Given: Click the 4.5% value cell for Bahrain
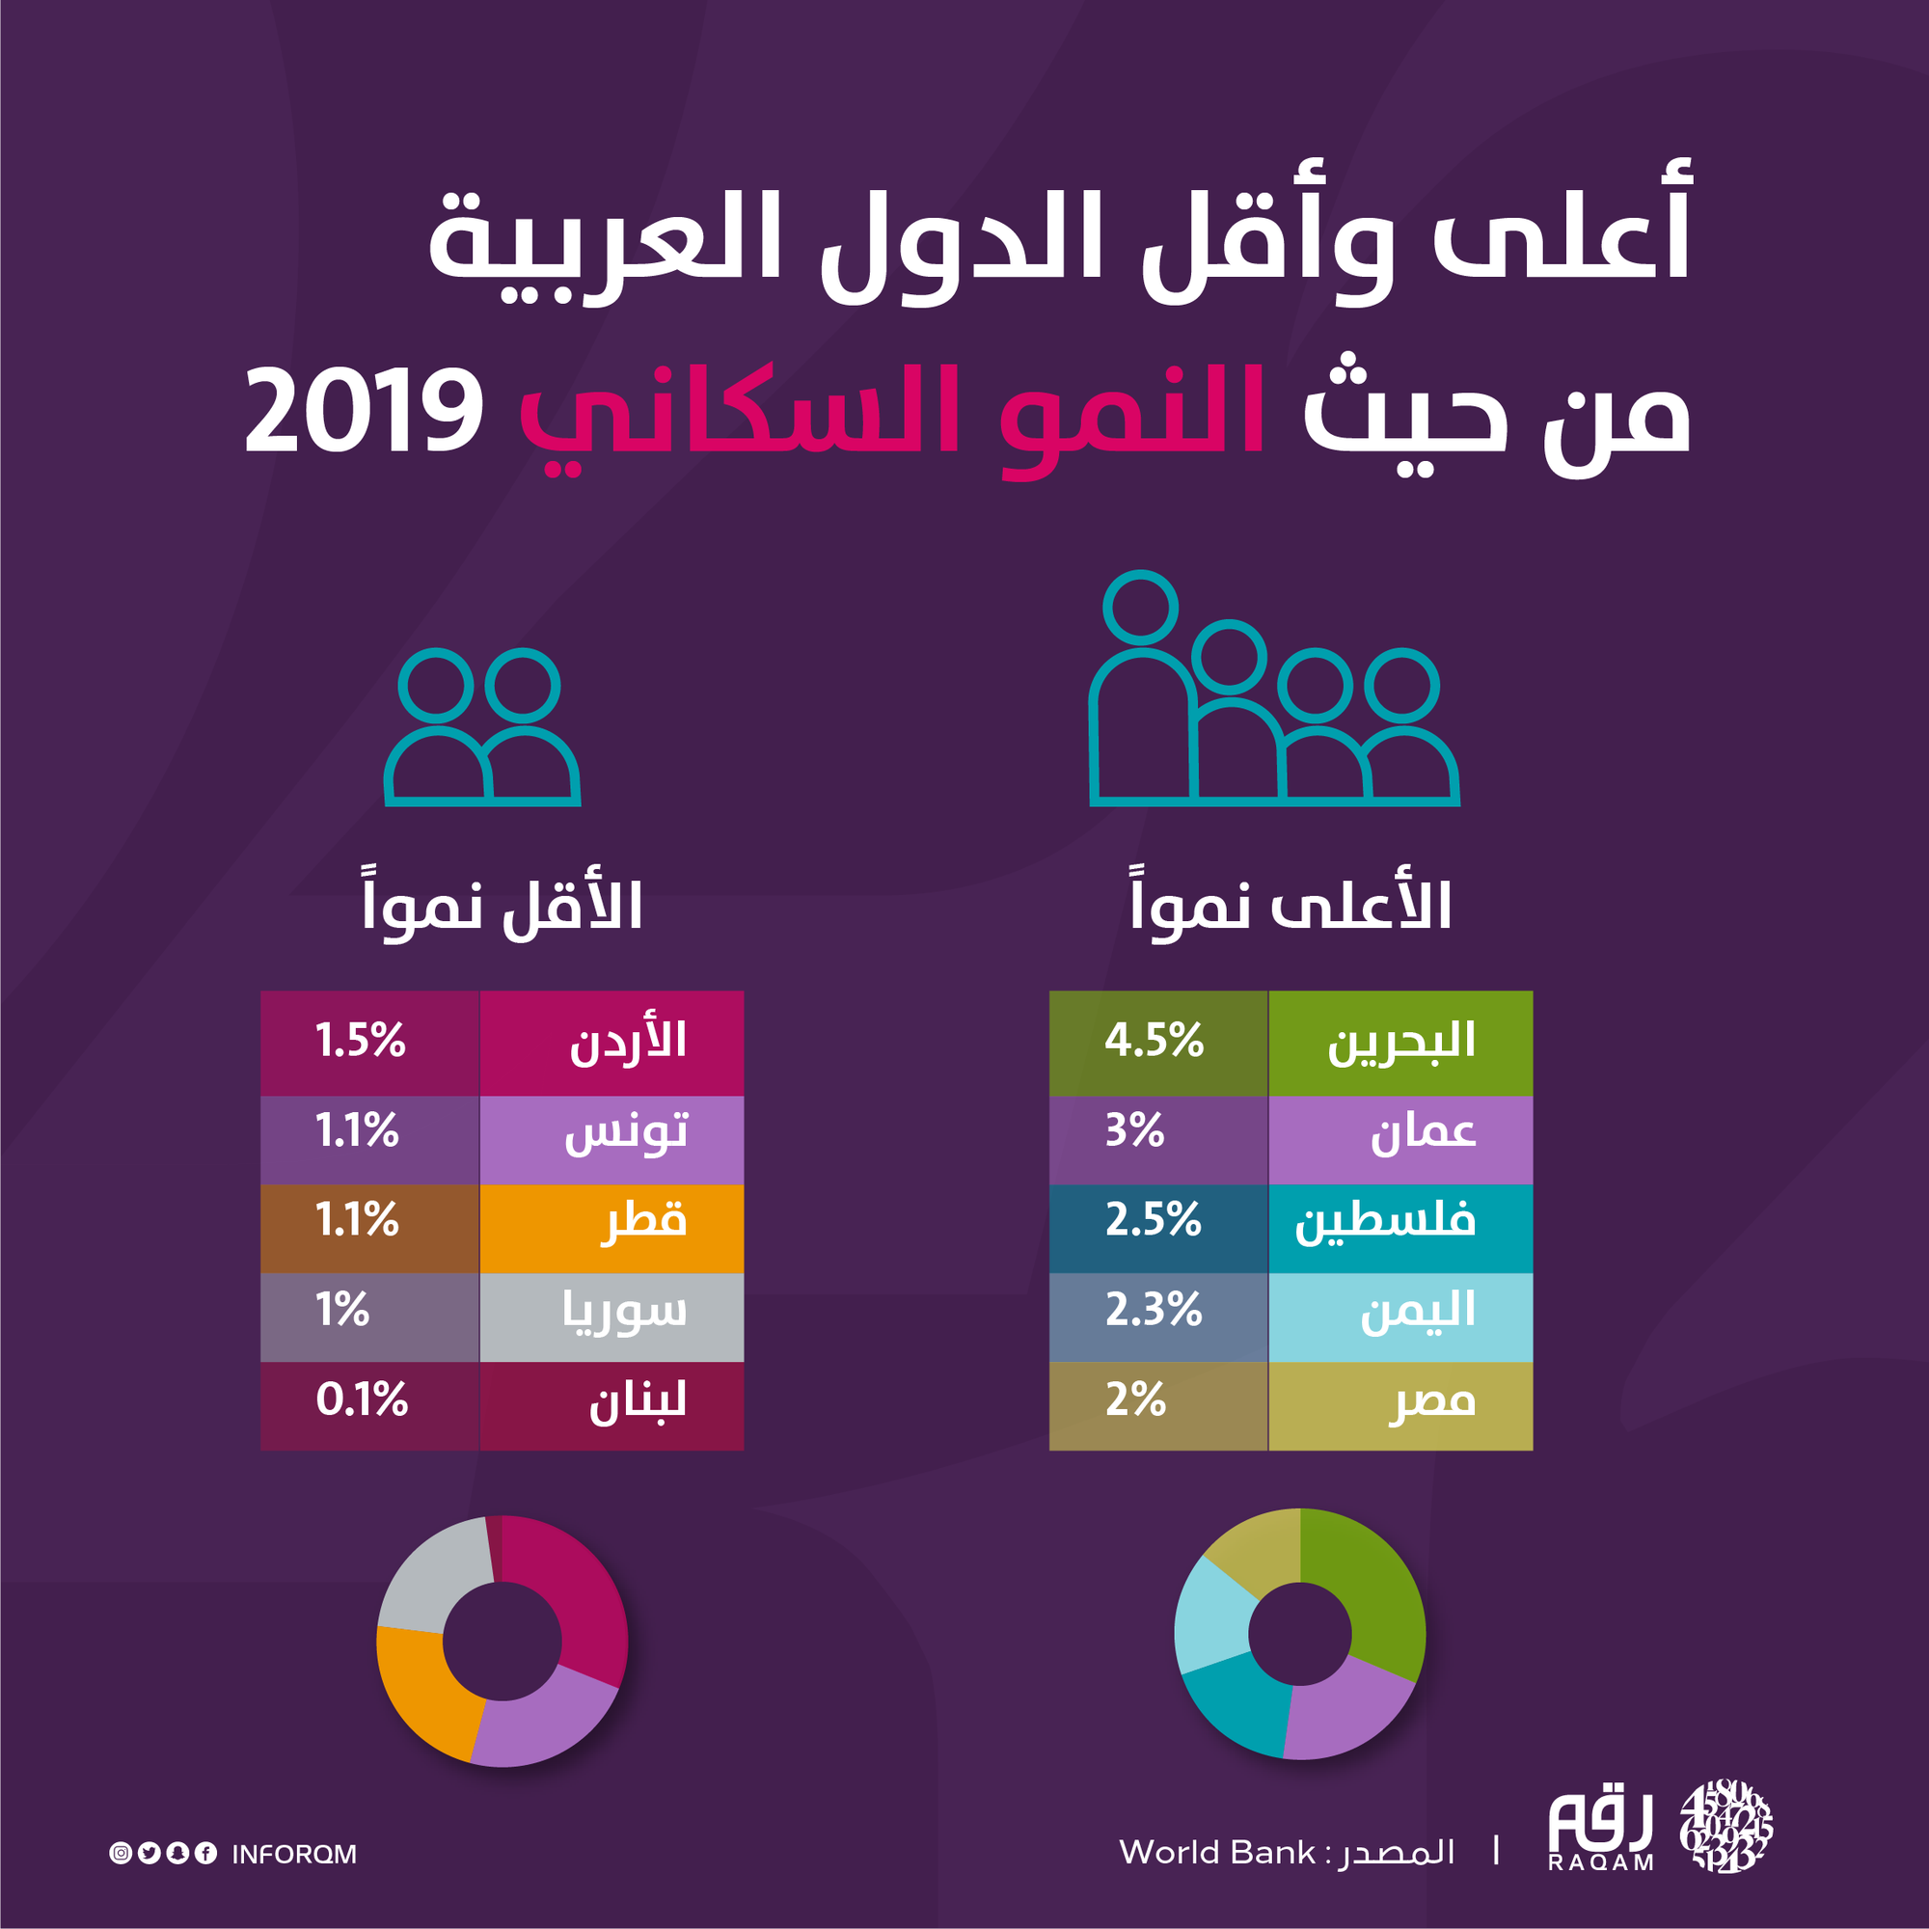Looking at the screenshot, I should click(x=1156, y=1043).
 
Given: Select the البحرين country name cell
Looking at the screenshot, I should click(x=1399, y=1043).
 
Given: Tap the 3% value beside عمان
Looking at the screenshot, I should click(x=1136, y=1132).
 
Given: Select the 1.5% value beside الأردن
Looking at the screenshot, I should click(x=362, y=1043).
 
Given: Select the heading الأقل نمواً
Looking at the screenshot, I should click(x=503, y=907).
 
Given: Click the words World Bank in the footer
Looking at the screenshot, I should click(x=1217, y=1853).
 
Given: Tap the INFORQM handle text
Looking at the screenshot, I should click(x=293, y=1855).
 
